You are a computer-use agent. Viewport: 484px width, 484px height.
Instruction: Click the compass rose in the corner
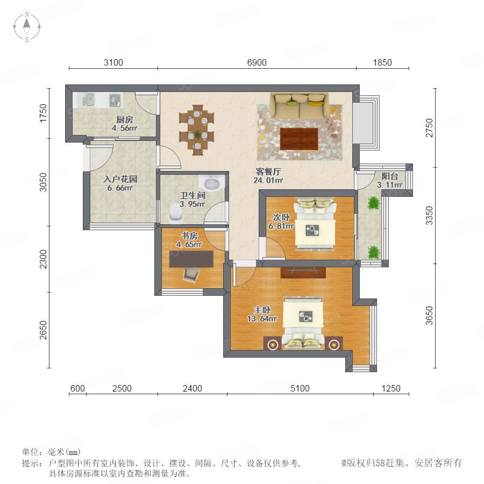coord(27,26)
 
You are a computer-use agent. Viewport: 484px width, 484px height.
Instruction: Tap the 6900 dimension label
coord(257,63)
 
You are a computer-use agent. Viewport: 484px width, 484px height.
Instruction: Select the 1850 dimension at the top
coord(382,63)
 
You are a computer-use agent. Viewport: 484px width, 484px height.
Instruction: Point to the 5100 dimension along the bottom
coord(300,388)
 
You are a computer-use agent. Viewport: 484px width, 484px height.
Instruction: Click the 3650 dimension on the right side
coord(429,316)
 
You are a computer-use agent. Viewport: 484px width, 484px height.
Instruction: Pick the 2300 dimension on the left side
coord(44,259)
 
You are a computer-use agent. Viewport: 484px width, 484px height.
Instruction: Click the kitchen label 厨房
coord(125,119)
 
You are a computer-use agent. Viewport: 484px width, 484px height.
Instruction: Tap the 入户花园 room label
coord(120,179)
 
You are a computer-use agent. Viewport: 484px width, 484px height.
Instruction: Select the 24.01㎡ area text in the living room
coord(268,180)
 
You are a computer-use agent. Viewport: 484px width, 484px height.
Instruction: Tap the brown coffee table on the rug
coord(299,139)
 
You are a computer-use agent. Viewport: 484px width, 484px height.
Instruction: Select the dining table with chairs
coord(197,130)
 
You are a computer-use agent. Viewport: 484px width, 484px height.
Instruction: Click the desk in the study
coord(191,259)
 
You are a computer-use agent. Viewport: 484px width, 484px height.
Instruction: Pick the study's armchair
coord(191,274)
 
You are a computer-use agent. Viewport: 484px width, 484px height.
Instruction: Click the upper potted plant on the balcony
coord(374,203)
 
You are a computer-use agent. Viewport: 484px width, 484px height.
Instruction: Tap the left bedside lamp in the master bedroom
coord(272,344)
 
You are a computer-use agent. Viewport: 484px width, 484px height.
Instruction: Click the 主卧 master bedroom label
coord(262,310)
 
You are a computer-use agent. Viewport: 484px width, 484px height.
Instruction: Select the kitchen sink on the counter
coord(87,99)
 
